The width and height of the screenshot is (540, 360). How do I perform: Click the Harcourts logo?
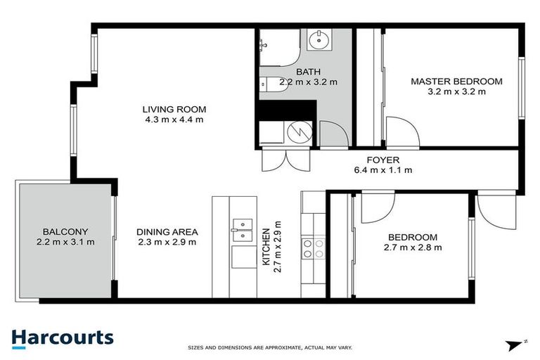click(x=62, y=338)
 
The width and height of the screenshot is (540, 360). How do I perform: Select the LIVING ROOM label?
click(x=174, y=109)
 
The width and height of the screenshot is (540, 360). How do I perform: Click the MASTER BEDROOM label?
click(x=456, y=82)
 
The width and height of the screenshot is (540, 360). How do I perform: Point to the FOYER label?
click(x=383, y=160)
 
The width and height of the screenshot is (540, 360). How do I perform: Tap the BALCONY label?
click(x=65, y=231)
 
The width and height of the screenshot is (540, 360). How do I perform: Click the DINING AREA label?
click(x=167, y=231)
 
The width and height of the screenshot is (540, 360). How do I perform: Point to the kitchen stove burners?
click(x=313, y=249)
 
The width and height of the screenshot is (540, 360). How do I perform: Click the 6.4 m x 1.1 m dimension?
click(x=383, y=169)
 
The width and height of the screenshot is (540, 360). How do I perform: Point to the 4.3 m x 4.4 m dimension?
click(x=174, y=120)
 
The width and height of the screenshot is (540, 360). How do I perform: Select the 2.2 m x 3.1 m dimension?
click(x=65, y=242)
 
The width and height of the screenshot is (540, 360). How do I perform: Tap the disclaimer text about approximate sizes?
click(x=270, y=348)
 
